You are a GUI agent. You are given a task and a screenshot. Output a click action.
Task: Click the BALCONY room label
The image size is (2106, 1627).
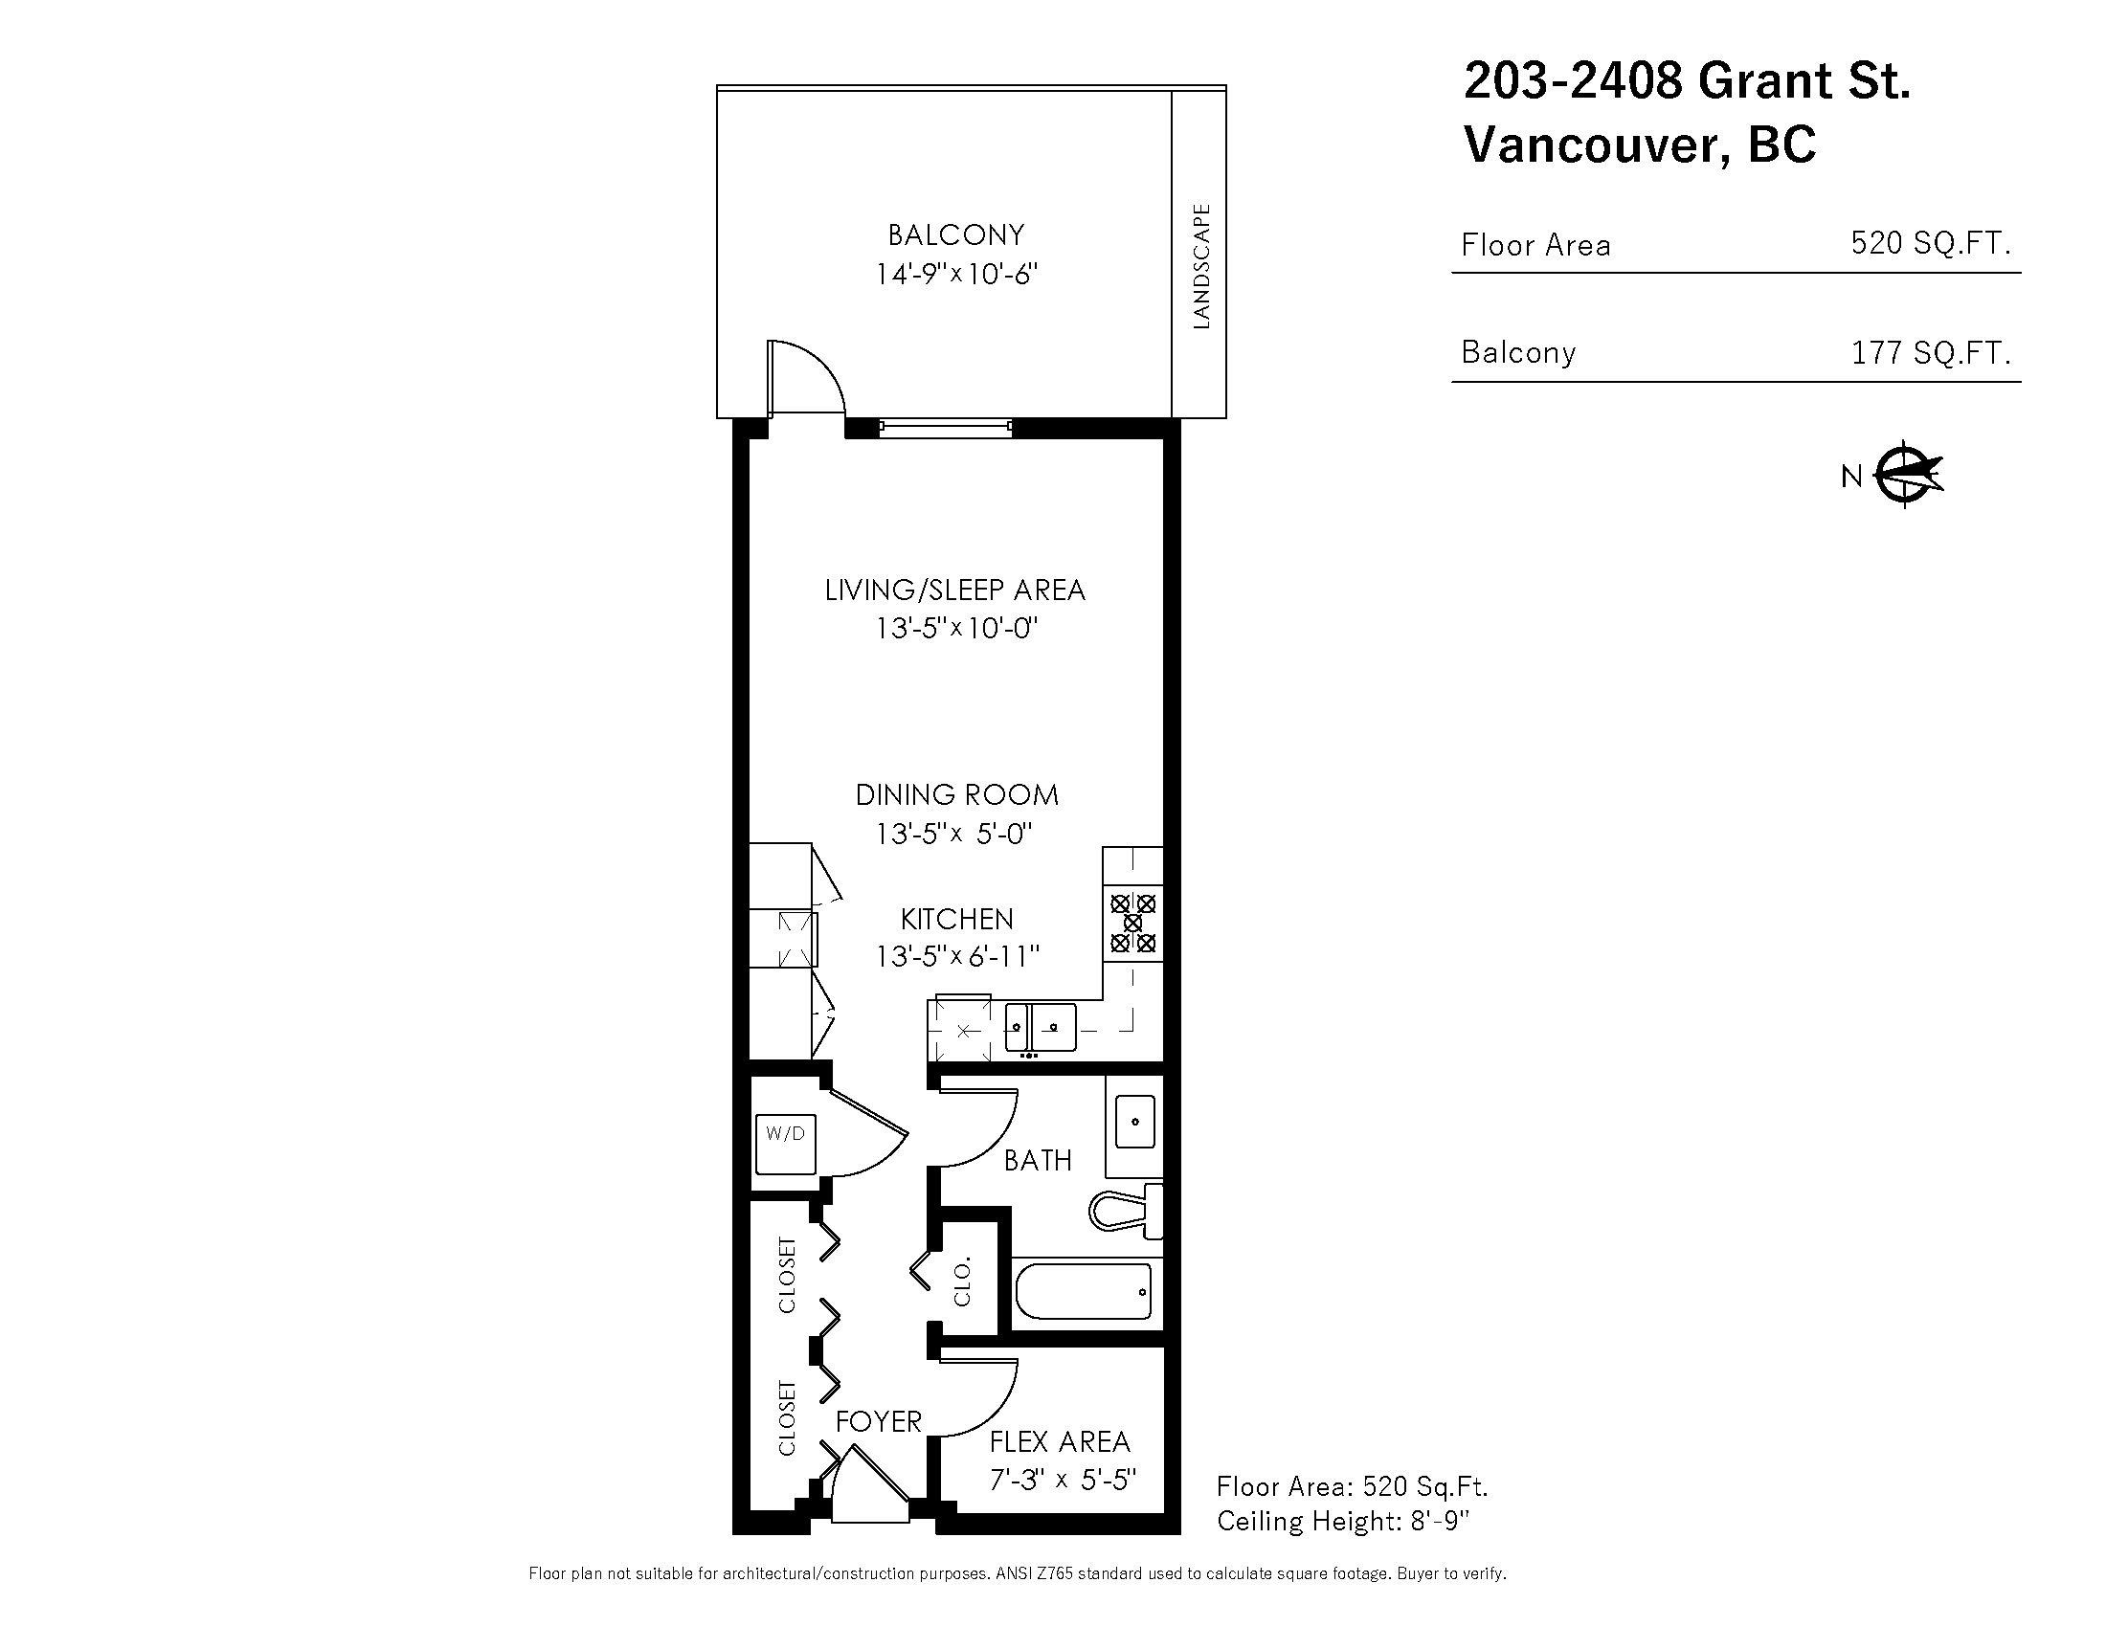point(954,235)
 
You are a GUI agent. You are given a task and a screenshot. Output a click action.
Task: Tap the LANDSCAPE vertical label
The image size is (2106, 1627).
point(1200,266)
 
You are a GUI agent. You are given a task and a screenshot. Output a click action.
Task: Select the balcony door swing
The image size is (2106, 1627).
point(806,378)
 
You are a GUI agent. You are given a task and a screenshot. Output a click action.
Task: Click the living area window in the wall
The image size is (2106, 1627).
point(945,427)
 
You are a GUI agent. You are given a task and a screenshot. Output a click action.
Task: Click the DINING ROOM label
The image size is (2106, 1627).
point(956,795)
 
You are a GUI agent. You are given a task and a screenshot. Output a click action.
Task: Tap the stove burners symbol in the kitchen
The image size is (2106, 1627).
point(1133,923)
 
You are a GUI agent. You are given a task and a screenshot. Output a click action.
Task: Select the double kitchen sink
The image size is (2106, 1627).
point(1040,1028)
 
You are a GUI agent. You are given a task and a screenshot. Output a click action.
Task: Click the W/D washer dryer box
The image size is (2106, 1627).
point(785,1144)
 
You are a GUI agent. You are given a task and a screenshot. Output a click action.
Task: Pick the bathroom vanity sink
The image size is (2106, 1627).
point(1135,1122)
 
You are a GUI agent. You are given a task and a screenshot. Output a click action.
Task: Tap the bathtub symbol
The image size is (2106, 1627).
point(1083,1292)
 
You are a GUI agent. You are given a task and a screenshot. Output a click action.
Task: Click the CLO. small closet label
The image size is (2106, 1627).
point(961,1281)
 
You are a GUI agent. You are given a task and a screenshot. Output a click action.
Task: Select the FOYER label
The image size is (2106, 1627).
point(879,1421)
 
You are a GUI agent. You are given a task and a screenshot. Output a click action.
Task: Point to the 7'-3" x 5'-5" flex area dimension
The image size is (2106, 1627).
point(1063,1479)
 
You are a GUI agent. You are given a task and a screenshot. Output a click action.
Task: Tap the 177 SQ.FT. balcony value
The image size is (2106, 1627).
point(1931,353)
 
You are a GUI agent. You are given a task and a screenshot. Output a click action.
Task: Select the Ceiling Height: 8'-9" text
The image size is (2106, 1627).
point(1342,1521)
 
